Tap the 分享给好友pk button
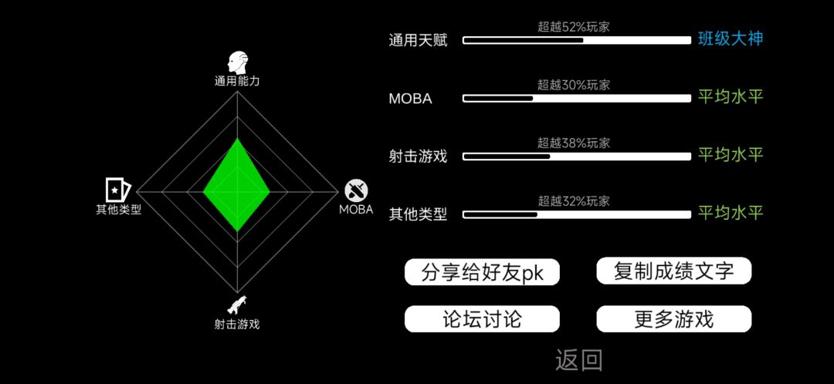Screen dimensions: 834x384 point(483,272)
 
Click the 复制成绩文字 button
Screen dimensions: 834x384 point(674,271)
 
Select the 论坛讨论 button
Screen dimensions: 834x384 point(483,319)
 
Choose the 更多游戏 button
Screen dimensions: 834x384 point(674,319)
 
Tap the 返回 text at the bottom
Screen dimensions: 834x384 point(579,361)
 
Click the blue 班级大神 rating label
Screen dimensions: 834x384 point(731,39)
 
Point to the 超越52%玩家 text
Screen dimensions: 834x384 point(573,26)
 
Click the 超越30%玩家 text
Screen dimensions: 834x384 point(573,85)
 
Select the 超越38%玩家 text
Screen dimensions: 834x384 point(573,143)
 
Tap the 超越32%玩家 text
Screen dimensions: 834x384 point(573,200)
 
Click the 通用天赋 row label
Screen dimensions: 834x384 point(418,40)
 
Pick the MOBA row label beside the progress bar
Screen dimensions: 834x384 point(410,99)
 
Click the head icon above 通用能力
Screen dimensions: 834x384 point(237,62)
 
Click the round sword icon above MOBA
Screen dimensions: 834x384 point(356,190)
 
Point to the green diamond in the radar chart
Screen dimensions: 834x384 point(237,185)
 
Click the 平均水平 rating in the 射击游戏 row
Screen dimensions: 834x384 point(731,155)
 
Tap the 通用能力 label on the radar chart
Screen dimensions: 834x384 point(237,81)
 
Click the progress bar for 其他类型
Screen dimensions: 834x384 point(577,214)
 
